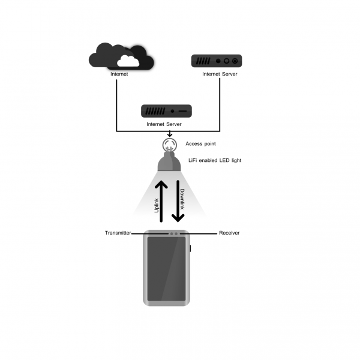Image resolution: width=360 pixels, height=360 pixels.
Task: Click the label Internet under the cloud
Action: (x=119, y=74)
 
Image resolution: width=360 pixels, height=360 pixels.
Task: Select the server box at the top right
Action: (x=216, y=61)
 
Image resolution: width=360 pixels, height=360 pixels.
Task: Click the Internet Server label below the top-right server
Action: (x=219, y=74)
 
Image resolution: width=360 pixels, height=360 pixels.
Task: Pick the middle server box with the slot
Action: (x=166, y=111)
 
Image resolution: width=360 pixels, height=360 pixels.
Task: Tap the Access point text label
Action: (x=200, y=144)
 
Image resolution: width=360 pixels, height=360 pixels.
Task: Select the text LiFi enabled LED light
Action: (x=214, y=161)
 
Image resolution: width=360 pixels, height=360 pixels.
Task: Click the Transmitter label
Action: (x=118, y=233)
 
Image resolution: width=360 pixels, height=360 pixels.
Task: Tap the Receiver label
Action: (x=229, y=233)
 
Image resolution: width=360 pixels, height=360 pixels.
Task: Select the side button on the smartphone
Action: (x=190, y=248)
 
